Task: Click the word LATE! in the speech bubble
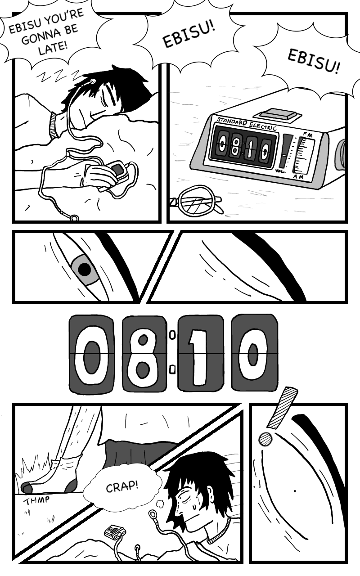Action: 53,48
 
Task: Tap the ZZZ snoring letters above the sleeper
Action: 58,76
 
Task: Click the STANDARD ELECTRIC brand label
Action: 246,124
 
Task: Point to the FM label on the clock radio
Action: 307,134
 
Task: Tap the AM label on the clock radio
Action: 298,177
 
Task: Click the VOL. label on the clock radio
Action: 280,171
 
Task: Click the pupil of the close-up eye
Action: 85,270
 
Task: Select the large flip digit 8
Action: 144,354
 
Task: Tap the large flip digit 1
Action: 201,354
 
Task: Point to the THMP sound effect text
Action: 36,500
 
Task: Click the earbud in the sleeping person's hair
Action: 93,82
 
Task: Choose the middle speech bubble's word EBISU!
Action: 189,35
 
